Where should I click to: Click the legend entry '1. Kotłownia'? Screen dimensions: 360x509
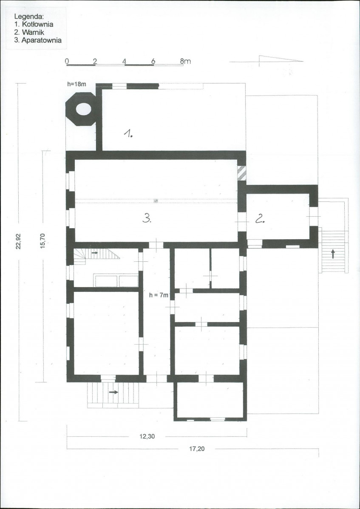coord(34,24)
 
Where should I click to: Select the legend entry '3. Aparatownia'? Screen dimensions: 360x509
coord(38,40)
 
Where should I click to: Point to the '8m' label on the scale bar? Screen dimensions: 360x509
coord(185,61)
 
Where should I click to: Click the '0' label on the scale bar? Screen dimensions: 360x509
coord(67,61)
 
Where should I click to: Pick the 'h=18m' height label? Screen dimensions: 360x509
coord(76,84)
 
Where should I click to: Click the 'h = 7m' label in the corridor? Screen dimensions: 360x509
coord(159,295)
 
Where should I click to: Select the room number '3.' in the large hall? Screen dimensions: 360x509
coord(147,219)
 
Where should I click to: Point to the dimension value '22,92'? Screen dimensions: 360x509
coord(18,241)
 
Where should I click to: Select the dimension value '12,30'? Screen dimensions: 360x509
coord(147,437)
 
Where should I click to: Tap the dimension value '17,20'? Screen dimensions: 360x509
coord(197,449)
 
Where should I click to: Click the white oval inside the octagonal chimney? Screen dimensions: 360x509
coord(83,109)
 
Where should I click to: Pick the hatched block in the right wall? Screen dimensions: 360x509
coord(241,173)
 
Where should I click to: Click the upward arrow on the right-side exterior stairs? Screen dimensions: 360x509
coord(333,254)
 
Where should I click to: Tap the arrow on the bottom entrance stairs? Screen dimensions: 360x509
coord(113,392)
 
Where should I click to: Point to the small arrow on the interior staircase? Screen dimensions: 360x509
coord(95,252)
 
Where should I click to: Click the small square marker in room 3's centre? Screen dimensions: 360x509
coord(156,201)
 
